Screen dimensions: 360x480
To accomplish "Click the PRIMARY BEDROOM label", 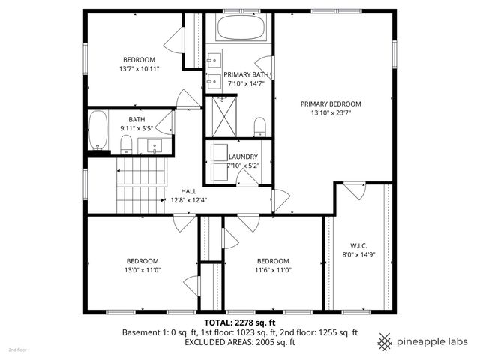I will coord(331,103).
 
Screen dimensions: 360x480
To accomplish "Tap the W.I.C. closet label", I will coord(357,245).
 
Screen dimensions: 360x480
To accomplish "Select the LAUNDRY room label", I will coord(243,157).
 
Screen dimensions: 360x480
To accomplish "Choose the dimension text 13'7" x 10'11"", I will coord(139,68).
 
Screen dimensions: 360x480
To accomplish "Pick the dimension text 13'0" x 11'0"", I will coord(142,270).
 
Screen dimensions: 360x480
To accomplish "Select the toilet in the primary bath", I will coord(259,125).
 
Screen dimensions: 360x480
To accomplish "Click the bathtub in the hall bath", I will coord(97,130).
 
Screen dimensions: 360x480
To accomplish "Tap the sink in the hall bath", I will coord(156,145).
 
